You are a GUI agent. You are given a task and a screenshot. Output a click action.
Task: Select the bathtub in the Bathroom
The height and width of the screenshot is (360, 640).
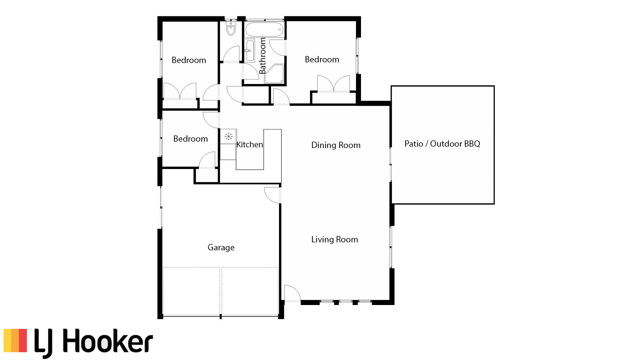coord(264,30)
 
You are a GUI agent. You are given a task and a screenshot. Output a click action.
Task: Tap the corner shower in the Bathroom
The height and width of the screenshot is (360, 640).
coord(275,74)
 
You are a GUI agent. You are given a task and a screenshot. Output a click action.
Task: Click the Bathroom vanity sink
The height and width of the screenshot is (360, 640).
coord(250,50)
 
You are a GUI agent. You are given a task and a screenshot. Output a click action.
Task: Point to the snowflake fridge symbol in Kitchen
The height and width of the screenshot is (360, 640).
coord(228,136)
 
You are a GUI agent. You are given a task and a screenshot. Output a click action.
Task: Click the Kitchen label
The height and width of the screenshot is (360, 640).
coord(250,145)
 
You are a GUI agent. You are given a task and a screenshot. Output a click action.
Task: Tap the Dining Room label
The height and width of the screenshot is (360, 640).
coord(336,145)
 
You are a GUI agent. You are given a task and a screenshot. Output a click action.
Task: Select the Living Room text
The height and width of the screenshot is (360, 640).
coord(334,239)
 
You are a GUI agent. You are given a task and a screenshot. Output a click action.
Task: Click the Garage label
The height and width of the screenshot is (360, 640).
coord(221,247)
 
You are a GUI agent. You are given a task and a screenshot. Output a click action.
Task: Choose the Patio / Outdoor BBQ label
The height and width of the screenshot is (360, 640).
coord(442,144)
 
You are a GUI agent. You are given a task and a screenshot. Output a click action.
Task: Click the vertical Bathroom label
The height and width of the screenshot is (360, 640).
coord(263,56)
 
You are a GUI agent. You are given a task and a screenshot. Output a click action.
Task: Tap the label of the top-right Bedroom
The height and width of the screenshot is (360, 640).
coord(322,59)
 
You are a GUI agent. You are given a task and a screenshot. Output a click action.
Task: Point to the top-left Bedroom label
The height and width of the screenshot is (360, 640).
coord(189,60)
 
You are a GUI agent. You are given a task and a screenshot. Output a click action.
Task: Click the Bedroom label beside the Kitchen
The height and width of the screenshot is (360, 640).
coord(190,139)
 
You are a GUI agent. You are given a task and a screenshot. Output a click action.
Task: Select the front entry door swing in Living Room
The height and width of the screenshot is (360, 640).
coord(292,294)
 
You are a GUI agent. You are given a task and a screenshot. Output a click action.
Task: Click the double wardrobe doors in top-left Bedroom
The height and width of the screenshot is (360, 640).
coord(180,91)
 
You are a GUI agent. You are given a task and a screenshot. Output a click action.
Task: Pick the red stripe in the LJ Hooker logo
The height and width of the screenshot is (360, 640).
coord(22,340)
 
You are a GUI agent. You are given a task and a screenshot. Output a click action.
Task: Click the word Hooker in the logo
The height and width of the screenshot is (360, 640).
coord(107,341)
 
